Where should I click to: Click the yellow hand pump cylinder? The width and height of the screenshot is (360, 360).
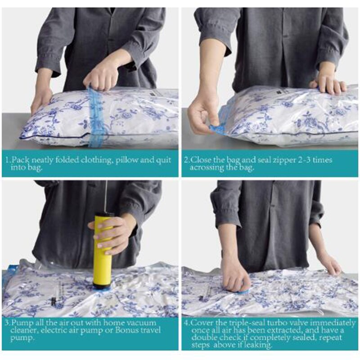(103, 249)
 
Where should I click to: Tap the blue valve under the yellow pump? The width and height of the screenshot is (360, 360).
(103, 290)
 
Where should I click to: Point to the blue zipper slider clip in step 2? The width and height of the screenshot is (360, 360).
(216, 126)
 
